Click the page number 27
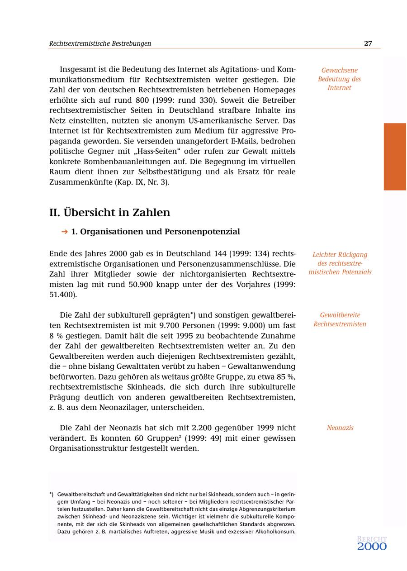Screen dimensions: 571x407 pyautogui.click(x=368, y=43)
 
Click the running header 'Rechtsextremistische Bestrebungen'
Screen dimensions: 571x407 pyautogui.click(x=100, y=43)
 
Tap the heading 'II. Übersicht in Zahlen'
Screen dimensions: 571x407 pyautogui.click(x=109, y=212)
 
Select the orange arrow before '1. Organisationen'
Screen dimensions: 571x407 pyautogui.click(x=64, y=232)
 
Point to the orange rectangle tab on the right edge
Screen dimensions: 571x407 pyautogui.click(x=395, y=157)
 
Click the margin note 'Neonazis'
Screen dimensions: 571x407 pyautogui.click(x=340, y=428)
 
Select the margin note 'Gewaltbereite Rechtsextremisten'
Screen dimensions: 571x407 pyautogui.click(x=340, y=319)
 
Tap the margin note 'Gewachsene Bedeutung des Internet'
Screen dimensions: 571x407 pyautogui.click(x=339, y=79)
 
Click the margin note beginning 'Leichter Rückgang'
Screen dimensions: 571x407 pyautogui.click(x=340, y=263)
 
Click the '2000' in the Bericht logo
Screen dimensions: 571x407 pyautogui.click(x=372, y=547)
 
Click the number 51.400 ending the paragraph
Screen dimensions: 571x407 pyautogui.click(x=62, y=295)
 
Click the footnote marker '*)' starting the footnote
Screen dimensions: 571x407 pyautogui.click(x=52, y=495)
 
